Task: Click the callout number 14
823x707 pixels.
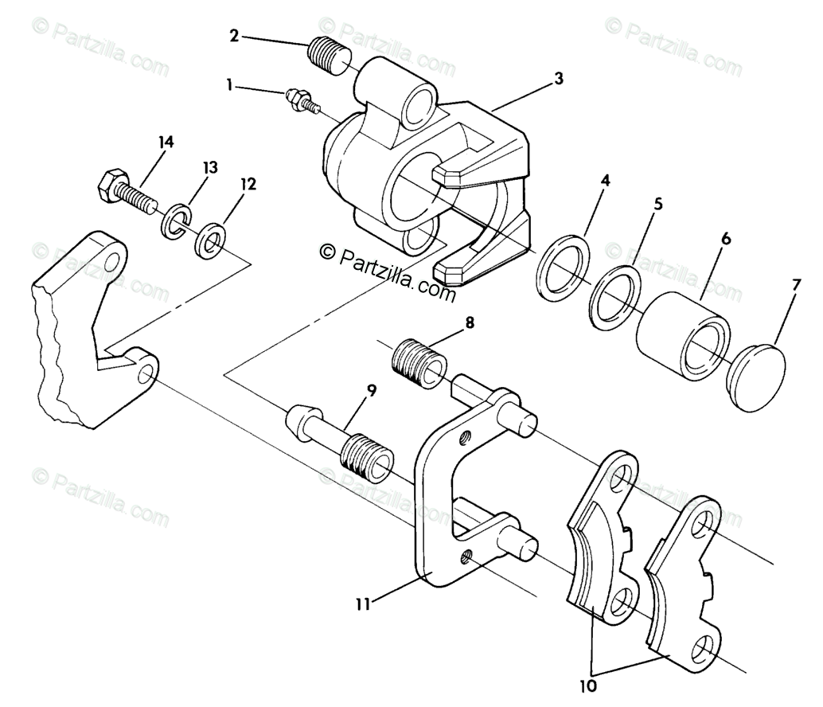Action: tap(166, 143)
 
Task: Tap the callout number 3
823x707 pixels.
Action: tap(559, 79)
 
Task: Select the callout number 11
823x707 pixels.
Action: tap(363, 604)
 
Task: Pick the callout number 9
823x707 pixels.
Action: tap(371, 391)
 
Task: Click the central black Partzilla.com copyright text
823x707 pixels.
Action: tap(388, 271)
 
